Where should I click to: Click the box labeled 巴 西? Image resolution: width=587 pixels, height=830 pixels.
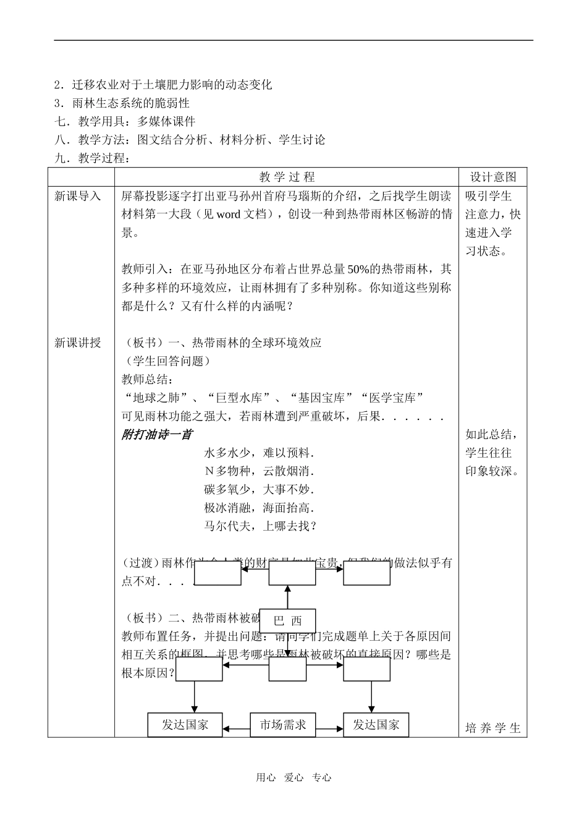pyautogui.click(x=287, y=621)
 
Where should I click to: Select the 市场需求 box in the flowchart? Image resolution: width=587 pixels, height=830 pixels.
pyautogui.click(x=282, y=725)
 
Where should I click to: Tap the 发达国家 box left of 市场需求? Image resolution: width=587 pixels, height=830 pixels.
pyautogui.click(x=185, y=725)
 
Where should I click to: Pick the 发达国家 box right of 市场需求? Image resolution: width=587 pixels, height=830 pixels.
pyautogui.click(x=376, y=725)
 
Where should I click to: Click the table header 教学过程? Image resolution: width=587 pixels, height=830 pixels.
pyautogui.click(x=287, y=177)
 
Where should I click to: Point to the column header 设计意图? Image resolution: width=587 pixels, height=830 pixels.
pyautogui.click(x=492, y=177)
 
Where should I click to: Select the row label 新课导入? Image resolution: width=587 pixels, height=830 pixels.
pyautogui.click(x=77, y=196)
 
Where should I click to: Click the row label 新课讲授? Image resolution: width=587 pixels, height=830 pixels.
pyautogui.click(x=77, y=343)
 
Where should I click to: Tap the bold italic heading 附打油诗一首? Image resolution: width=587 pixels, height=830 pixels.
pyautogui.click(x=156, y=435)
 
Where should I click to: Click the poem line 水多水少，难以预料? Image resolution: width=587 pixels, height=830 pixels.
pyautogui.click(x=259, y=453)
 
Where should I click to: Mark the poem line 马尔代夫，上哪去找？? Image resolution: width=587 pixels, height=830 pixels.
pyautogui.click(x=260, y=526)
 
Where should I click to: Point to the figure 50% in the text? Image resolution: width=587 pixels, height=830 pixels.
pyautogui.click(x=358, y=269)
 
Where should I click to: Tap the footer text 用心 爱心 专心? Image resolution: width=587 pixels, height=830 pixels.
pyautogui.click(x=293, y=778)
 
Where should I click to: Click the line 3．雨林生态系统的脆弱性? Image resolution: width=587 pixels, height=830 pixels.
pyautogui.click(x=122, y=103)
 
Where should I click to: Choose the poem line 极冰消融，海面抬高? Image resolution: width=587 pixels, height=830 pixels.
pyautogui.click(x=259, y=508)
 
